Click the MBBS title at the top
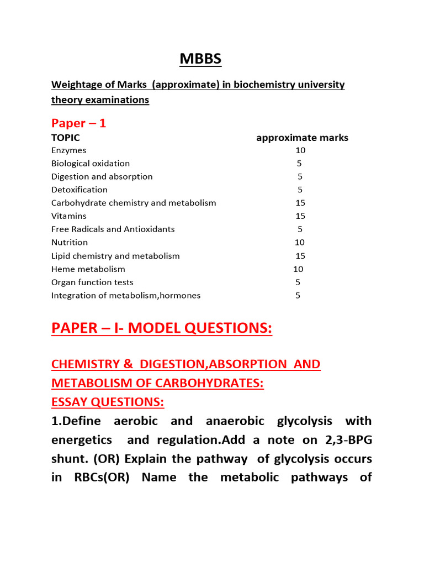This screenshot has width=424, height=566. pos(201,59)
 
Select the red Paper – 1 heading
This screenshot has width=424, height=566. pos(78,123)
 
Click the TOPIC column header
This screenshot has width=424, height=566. pos(66,138)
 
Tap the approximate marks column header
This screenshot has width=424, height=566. pos(302,138)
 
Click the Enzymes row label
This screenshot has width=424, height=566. pos(68,150)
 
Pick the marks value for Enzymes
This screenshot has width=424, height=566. pos(300,150)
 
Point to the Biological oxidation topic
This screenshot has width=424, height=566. pos(91,164)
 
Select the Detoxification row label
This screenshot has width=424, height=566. pos(79,190)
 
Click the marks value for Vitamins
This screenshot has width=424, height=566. pos(300,216)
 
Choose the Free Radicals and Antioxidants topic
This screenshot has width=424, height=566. pos(113,229)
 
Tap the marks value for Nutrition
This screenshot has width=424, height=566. pos(300,242)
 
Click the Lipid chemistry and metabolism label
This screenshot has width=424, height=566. pos(115,256)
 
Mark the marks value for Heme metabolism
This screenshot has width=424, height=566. pos(298,269)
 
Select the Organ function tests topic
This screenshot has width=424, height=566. pos(92,282)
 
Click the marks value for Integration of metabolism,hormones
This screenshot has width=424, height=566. pos(298,295)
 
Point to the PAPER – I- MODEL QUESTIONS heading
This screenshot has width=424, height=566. pos(162,328)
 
